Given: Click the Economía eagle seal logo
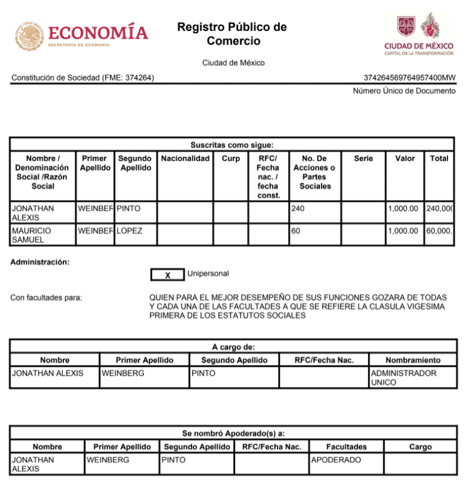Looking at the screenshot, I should point(29,36).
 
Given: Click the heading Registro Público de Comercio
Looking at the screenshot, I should point(233,34).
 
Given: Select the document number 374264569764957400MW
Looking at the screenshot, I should point(410,78).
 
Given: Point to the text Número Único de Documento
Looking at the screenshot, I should point(404,91).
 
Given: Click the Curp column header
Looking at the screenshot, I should point(230,159).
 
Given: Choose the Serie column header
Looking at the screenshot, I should point(363,159).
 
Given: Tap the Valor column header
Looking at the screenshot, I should point(405,159).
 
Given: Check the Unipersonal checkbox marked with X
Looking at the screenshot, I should point(168,275).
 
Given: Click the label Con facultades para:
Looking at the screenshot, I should point(46,298).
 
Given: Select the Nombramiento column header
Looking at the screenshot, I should point(412,360).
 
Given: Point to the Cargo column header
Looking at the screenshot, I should point(420,447).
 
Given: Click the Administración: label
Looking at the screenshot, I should point(40,262).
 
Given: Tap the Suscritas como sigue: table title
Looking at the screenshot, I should point(232,145).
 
